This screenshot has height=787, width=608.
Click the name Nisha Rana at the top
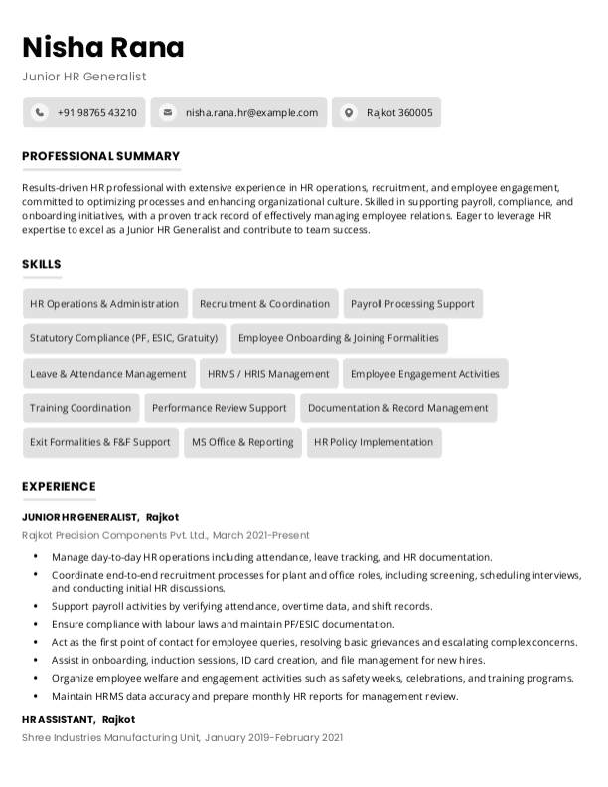coord(103,47)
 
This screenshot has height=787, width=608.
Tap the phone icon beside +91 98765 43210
coord(39,113)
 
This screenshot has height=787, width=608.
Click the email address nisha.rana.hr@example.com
coord(251,113)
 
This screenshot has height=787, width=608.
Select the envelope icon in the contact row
coord(168,113)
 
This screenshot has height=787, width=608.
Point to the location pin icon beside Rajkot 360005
coord(348,113)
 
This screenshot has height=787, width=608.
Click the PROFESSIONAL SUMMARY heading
coord(100,156)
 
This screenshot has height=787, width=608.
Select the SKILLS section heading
coord(42,264)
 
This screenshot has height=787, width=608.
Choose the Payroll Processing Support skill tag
coord(412,304)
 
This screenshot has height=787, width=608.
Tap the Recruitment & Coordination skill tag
coord(264,304)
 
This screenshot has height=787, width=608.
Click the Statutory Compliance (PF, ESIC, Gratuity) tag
coord(123,338)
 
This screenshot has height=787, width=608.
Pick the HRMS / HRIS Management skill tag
coord(268,374)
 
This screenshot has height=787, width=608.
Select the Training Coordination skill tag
coord(80,408)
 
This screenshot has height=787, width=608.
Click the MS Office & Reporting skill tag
coord(242,442)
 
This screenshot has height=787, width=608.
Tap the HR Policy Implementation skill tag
coord(374,442)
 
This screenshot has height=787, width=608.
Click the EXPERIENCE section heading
coord(59,486)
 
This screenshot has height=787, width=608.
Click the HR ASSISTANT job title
coord(59,719)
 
